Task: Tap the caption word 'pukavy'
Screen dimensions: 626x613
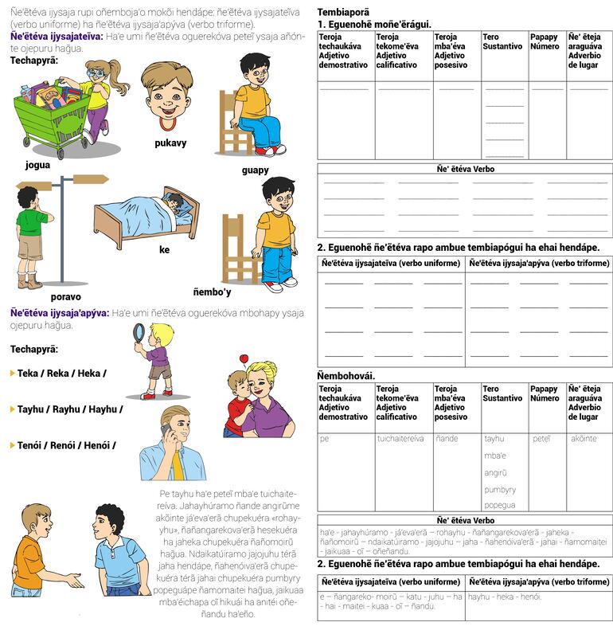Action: pyautogui.click(x=170, y=143)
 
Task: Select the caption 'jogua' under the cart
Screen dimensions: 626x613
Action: pyautogui.click(x=37, y=165)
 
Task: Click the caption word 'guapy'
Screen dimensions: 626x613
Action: pyautogui.click(x=255, y=170)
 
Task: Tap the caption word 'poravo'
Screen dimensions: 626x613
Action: pyautogui.click(x=65, y=297)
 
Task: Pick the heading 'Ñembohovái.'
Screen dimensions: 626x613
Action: pyautogui.click(x=346, y=375)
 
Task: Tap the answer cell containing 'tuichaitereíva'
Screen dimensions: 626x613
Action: pyautogui.click(x=400, y=438)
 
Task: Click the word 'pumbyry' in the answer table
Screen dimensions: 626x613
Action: pyautogui.click(x=500, y=490)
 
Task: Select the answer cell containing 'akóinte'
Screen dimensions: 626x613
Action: pyautogui.click(x=588, y=438)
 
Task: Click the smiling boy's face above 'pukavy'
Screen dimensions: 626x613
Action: pyautogui.click(x=166, y=96)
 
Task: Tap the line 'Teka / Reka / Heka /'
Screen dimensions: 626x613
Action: pyautogui.click(x=61, y=373)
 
